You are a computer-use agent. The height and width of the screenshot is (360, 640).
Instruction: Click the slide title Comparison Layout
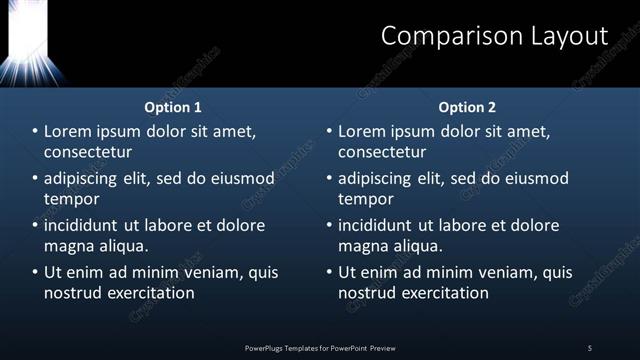(x=494, y=36)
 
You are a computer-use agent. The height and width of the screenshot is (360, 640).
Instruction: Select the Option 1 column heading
(x=173, y=107)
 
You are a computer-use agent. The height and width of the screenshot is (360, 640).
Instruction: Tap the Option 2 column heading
(x=467, y=107)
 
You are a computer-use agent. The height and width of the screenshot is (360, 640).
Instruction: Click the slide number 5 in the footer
(x=590, y=348)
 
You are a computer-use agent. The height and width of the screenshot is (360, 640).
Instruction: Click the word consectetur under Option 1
(x=88, y=152)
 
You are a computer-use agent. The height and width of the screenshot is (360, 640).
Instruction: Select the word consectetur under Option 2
(x=382, y=152)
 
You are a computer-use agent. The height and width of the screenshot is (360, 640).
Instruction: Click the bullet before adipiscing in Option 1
(x=35, y=179)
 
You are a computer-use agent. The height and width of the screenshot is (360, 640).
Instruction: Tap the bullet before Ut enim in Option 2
(x=329, y=272)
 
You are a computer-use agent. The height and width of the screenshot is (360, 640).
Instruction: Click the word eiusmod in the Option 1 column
(x=240, y=179)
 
